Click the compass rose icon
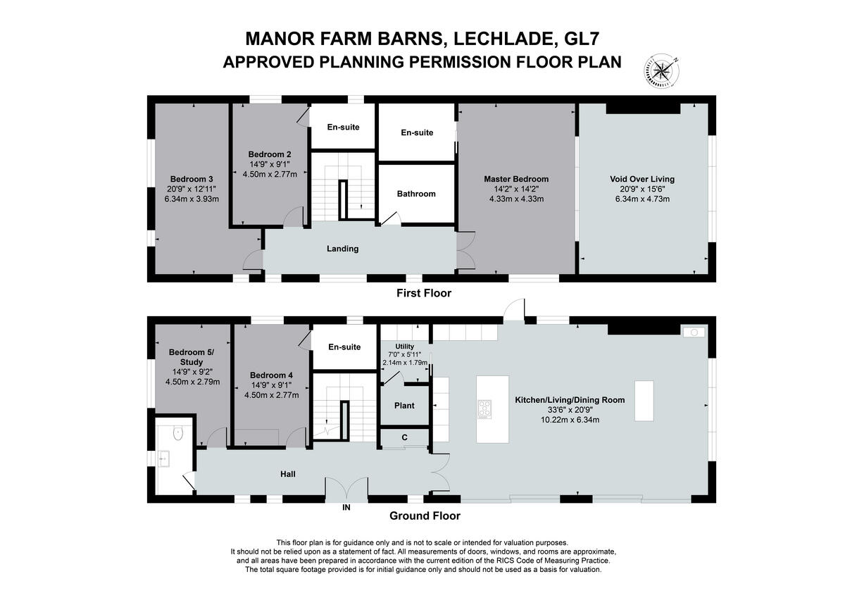click(x=662, y=72)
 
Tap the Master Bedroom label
click(x=516, y=179)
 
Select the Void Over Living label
click(x=642, y=179)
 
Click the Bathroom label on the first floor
click(x=416, y=194)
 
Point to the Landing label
click(x=342, y=249)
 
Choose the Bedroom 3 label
click(x=192, y=179)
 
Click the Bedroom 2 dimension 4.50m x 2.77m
click(x=270, y=174)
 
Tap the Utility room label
click(x=405, y=347)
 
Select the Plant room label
click(x=404, y=406)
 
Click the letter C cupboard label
click(x=405, y=437)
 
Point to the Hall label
click(x=288, y=474)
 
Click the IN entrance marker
click(x=346, y=508)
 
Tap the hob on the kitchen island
click(x=484, y=409)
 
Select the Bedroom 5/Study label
click(x=192, y=357)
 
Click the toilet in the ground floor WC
click(x=178, y=432)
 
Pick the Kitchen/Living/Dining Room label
click(x=570, y=400)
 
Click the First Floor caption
click(x=424, y=293)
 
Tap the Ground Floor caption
click(x=425, y=516)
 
